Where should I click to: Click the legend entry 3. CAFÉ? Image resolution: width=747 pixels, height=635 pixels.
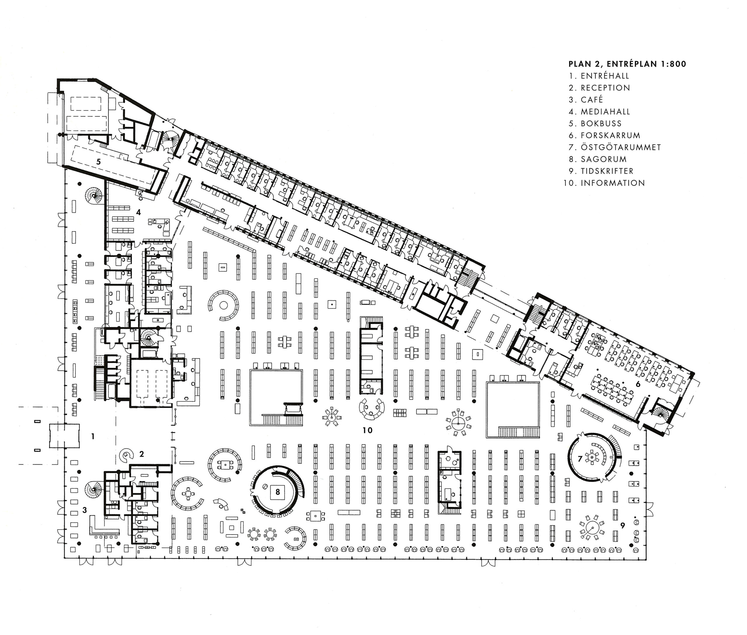tap(586, 99)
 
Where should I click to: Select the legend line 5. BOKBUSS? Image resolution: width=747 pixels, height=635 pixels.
tap(595, 124)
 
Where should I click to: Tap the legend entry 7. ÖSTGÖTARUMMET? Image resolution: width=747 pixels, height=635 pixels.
tap(615, 147)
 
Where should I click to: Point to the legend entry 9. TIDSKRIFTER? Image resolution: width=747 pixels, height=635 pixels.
tap(601, 171)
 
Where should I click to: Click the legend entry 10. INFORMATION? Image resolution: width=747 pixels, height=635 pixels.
tap(604, 183)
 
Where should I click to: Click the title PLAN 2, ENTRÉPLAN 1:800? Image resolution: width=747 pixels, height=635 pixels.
tap(627, 64)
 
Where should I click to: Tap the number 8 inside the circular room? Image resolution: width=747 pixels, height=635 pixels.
tap(277, 492)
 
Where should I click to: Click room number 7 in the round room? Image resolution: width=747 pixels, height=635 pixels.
tap(580, 459)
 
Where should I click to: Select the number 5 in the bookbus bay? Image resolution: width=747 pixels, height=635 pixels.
tap(98, 162)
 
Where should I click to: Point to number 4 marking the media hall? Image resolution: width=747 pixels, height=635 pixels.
tap(138, 212)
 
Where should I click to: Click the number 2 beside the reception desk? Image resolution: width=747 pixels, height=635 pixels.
tap(142, 454)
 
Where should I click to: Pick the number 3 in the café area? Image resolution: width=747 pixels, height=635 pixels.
tap(85, 510)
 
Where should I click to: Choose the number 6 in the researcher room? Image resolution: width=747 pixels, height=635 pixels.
tap(638, 384)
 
